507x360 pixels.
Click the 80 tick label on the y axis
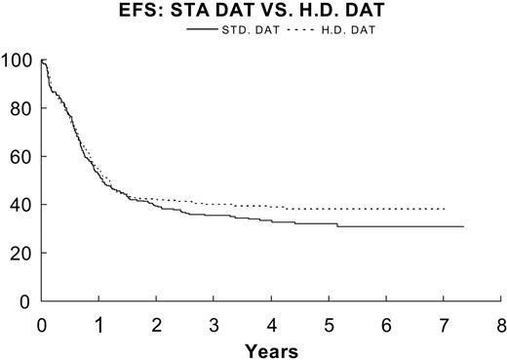tap(21, 109)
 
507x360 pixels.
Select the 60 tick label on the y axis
tap(21, 157)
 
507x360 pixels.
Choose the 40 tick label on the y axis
tap(21, 205)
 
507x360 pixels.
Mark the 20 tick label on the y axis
tap(21, 253)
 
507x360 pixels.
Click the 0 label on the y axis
tap(26, 300)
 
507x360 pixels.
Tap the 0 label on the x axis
tap(42, 324)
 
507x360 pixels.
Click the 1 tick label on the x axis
tap(98, 324)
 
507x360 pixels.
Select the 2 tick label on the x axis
tap(156, 324)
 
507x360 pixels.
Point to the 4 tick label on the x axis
tap(271, 324)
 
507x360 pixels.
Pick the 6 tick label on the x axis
tap(386, 324)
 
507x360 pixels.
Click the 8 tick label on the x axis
tap(501, 324)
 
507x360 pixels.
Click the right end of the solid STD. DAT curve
tap(463, 226)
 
